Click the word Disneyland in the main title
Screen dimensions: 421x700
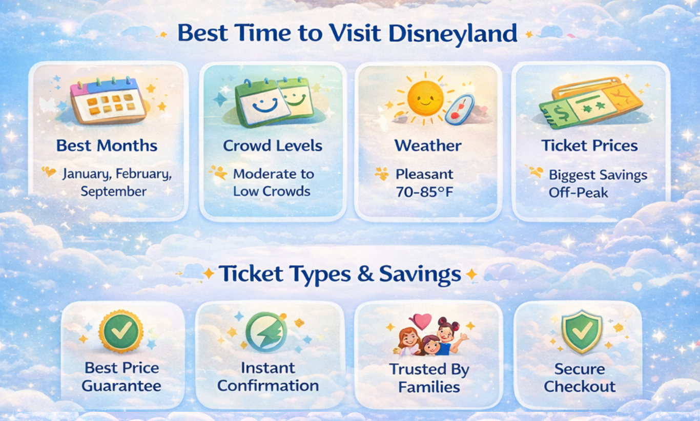coord(452,33)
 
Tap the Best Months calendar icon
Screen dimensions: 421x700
coord(108,100)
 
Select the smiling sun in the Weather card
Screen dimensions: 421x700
coord(425,98)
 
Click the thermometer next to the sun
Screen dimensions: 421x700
coord(460,109)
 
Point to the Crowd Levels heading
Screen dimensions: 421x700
coord(272,145)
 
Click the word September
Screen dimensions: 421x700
coord(113,192)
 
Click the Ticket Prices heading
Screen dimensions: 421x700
coord(589,145)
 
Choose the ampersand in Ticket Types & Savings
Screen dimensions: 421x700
coord(365,275)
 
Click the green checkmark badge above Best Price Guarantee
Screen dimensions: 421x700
coord(121,331)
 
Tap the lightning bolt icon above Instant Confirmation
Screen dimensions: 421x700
coord(265,331)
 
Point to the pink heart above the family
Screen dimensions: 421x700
coord(423,322)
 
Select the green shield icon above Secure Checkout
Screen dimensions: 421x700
coord(581,332)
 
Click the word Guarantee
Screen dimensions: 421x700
coord(121,386)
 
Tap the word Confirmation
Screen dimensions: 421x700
coord(268,386)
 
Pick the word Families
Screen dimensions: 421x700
coord(429,387)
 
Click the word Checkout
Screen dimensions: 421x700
coord(580,386)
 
